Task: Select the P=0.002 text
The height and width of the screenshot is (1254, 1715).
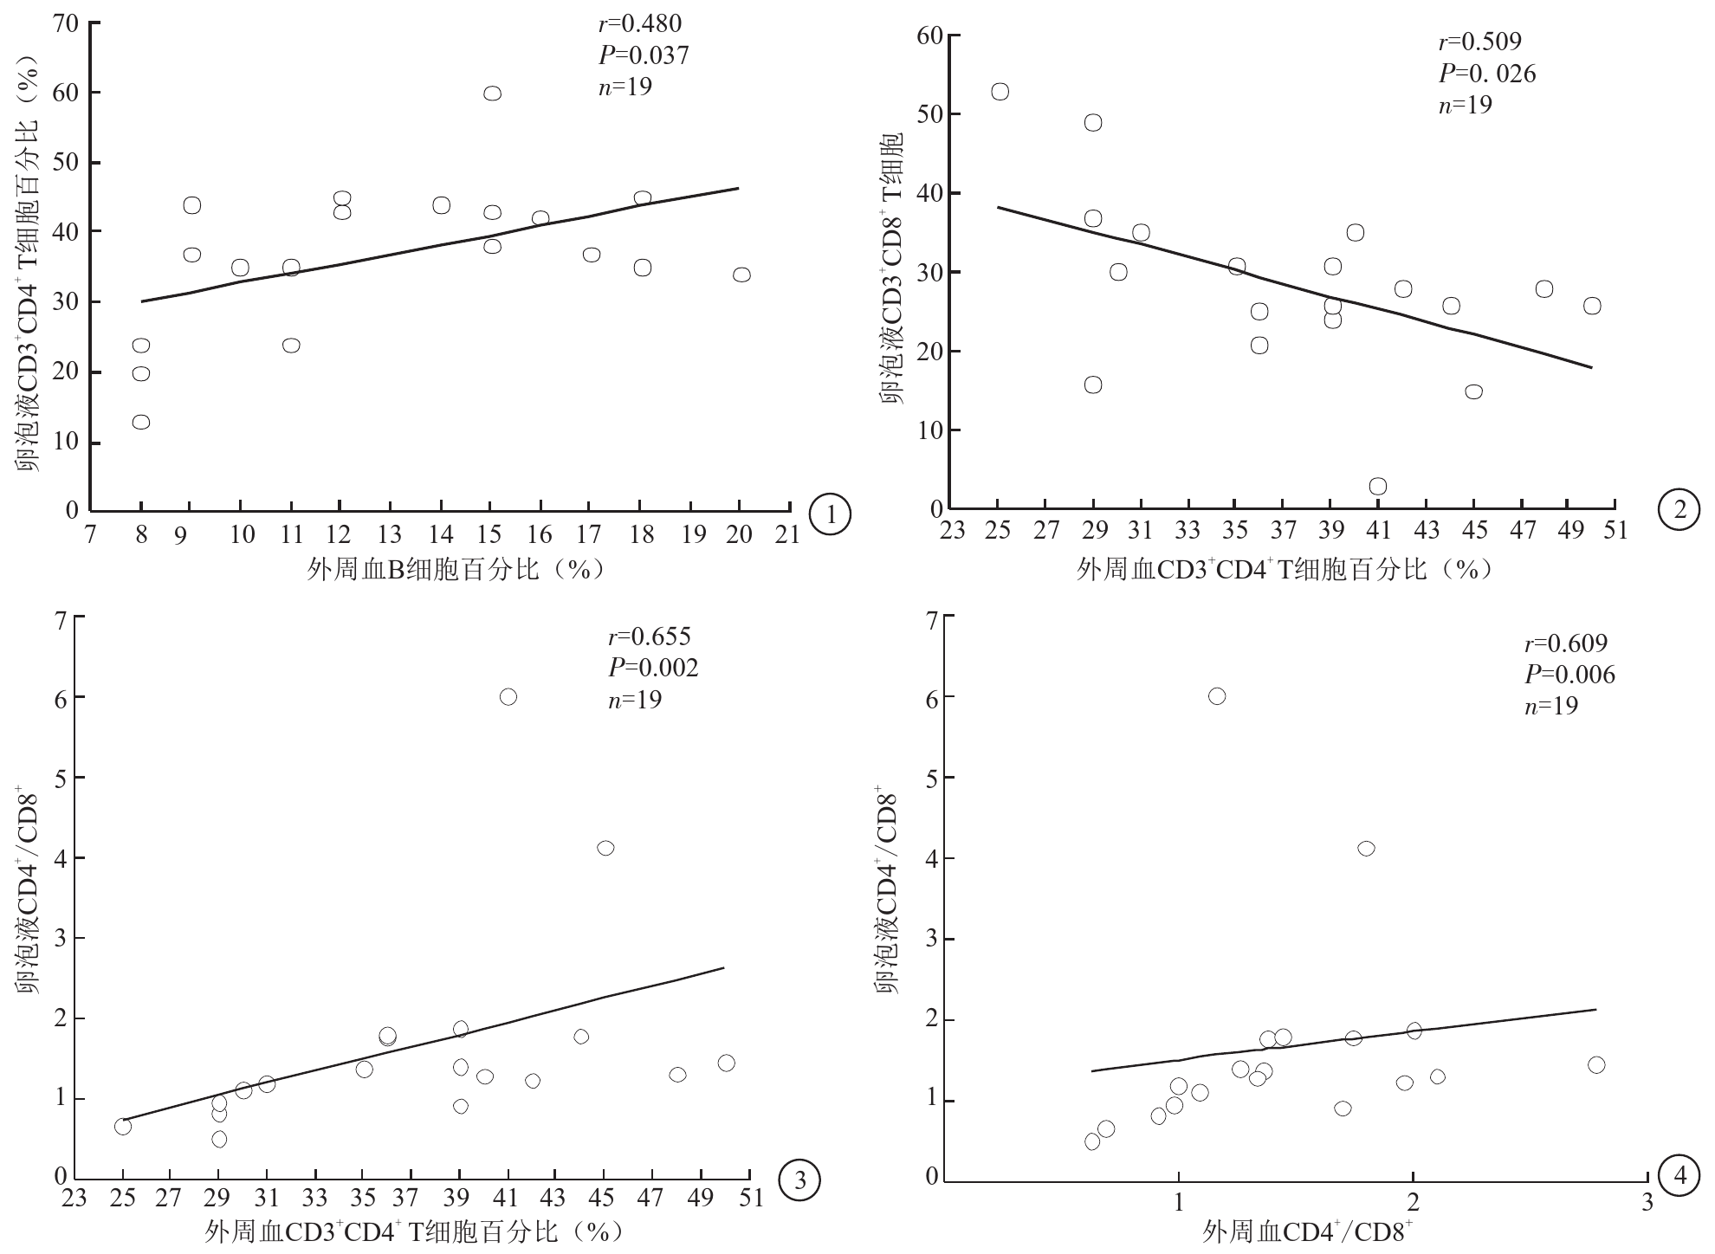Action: [652, 667]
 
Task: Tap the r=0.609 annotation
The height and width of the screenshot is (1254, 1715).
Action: [1565, 643]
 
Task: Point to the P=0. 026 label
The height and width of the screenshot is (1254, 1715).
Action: [1487, 74]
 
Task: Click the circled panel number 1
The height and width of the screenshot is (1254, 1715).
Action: [831, 514]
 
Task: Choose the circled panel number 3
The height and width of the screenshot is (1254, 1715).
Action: [798, 1179]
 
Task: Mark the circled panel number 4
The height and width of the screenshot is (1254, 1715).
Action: [1679, 1177]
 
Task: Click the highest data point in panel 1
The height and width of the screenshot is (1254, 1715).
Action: [492, 94]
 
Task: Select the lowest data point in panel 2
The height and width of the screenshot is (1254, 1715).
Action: [1377, 487]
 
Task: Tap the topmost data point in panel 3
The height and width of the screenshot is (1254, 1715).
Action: [508, 697]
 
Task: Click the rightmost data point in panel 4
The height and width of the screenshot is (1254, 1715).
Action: [1595, 1065]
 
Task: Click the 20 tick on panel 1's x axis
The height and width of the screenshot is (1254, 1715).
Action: [739, 534]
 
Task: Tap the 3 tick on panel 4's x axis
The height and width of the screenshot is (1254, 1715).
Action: [1647, 1204]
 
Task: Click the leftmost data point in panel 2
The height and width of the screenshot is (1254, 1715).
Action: [1000, 92]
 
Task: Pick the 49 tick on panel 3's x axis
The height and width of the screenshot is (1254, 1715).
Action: [701, 1199]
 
